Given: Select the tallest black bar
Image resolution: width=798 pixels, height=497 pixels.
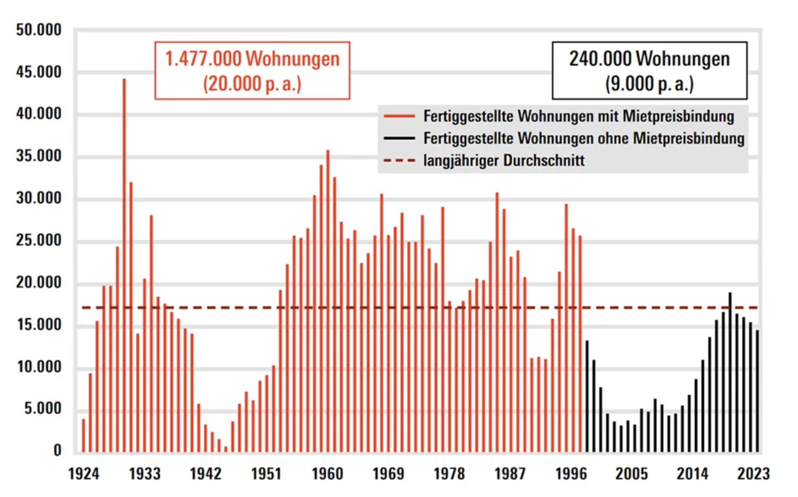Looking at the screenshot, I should (730, 373).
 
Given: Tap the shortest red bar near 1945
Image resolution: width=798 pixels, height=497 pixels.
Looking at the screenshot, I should (226, 449).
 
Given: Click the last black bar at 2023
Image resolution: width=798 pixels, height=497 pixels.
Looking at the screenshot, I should (757, 391).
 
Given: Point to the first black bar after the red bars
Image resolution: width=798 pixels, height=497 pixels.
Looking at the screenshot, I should (587, 396).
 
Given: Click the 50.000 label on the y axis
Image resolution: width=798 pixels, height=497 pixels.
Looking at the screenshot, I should (39, 30).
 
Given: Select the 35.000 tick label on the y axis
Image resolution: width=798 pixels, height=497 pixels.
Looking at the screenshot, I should (39, 156).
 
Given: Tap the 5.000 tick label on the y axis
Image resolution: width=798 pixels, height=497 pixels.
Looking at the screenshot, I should (42, 409).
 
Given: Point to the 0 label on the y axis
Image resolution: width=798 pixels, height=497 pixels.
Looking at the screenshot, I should (57, 450).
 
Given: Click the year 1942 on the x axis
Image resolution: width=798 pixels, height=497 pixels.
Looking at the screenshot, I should (206, 474).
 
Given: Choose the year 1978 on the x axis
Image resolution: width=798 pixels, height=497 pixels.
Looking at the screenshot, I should (449, 474).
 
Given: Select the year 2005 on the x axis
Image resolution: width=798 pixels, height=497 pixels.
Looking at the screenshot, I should (631, 474).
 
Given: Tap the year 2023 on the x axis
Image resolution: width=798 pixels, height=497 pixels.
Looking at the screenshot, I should (753, 474).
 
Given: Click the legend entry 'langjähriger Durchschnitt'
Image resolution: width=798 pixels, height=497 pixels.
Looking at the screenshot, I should (504, 161).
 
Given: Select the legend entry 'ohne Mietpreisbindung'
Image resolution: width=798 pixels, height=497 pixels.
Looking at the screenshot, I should (584, 138).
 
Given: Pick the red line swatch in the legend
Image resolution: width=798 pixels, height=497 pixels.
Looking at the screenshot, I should (399, 116).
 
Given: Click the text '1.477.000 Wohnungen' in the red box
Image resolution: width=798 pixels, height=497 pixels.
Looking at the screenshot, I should (252, 59).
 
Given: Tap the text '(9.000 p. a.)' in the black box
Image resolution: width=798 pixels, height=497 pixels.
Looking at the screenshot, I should (649, 84).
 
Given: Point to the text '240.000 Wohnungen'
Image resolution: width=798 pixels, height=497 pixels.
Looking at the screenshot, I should (649, 59).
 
